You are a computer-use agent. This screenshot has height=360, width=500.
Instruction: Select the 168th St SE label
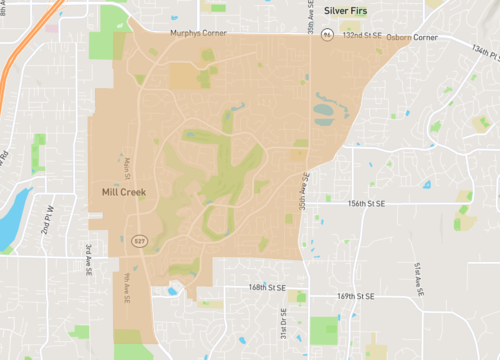267,287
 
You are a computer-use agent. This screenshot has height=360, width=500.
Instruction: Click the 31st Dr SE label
282,325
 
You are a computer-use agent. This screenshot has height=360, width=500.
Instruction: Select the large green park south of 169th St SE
324,329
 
